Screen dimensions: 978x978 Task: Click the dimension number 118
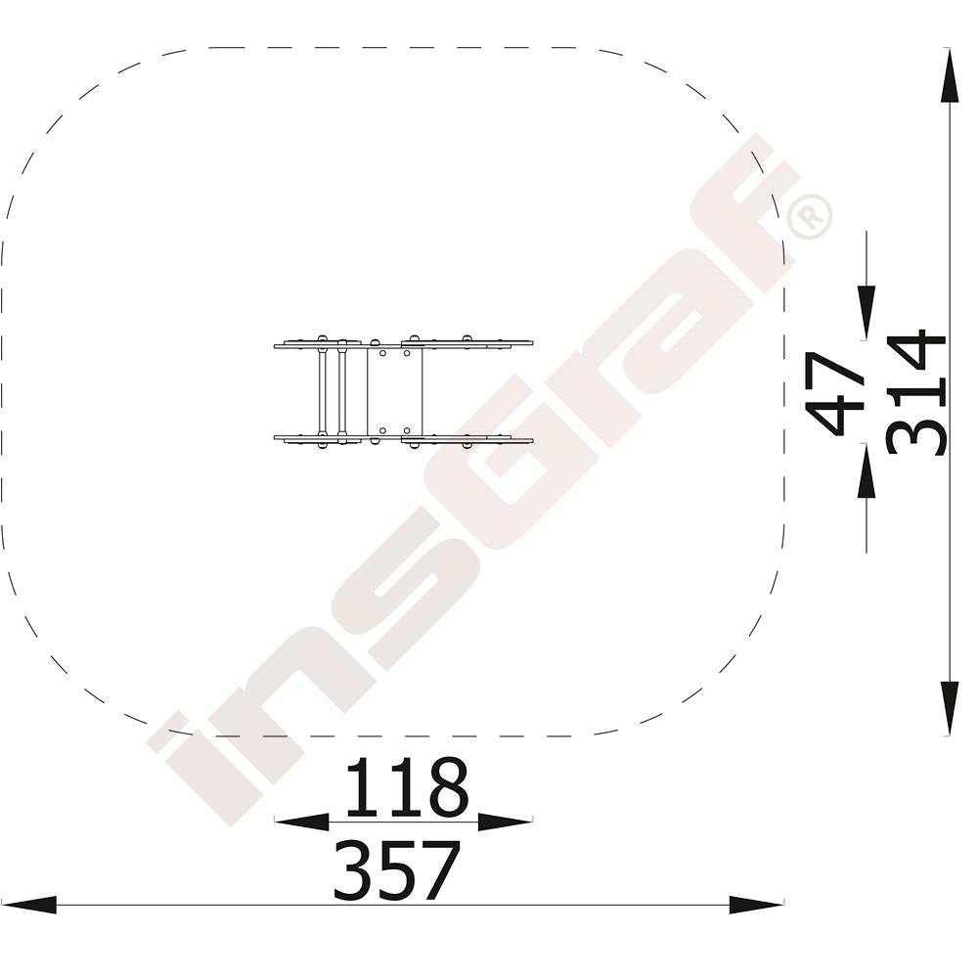coord(407,786)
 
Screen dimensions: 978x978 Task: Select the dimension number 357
coord(398,870)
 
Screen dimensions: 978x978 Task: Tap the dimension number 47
coord(834,393)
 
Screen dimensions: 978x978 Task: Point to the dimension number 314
coord(915,394)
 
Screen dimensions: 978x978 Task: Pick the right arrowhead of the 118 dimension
coord(506,822)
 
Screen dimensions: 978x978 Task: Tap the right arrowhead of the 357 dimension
coord(757,905)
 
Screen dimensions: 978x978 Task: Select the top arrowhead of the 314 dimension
coord(950,75)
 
